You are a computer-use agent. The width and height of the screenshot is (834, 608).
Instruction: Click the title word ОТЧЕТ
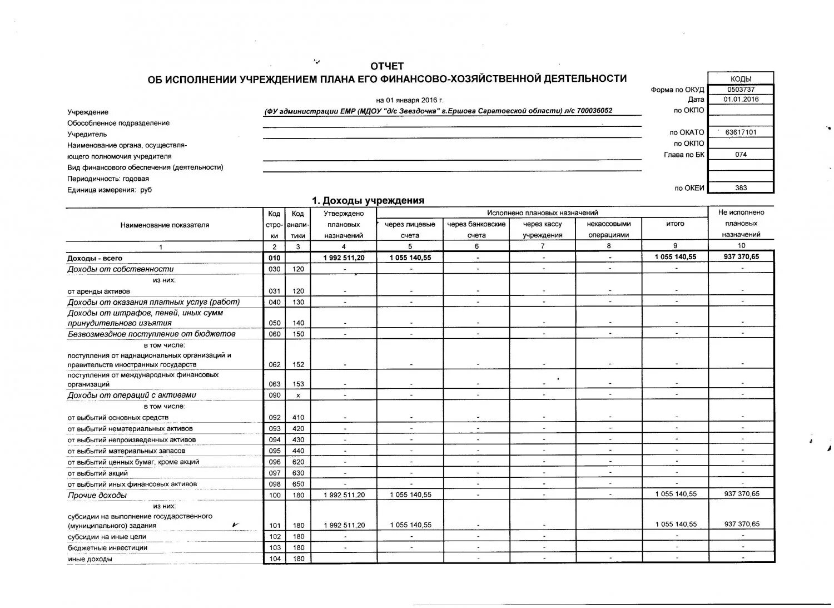(x=387, y=66)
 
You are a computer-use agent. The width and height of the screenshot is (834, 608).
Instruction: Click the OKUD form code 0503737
(x=741, y=90)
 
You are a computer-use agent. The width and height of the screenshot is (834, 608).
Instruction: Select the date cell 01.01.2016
(x=741, y=100)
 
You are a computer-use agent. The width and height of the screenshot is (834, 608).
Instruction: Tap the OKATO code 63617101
(x=741, y=132)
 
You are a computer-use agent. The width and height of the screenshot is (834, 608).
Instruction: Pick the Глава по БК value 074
(x=741, y=155)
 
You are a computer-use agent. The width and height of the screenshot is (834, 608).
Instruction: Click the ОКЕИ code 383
(x=741, y=188)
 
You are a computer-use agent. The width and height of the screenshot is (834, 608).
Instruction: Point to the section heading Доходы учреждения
(x=368, y=201)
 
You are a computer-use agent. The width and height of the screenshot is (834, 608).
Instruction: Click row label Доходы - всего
(x=95, y=258)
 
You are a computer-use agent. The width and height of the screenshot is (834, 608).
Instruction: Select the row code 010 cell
(x=274, y=258)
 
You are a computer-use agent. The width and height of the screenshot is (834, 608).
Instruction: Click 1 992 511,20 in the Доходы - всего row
(x=344, y=258)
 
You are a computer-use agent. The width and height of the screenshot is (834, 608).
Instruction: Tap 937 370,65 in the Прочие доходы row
(x=742, y=494)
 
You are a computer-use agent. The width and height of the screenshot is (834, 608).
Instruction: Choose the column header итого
(x=675, y=224)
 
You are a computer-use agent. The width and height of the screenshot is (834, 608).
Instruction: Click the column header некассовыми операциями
(x=608, y=229)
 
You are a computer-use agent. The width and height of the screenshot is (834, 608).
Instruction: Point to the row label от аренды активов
(x=98, y=291)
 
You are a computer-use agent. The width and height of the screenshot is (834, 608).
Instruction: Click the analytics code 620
(x=298, y=462)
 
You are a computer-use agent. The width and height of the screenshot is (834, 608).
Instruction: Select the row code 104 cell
(x=274, y=559)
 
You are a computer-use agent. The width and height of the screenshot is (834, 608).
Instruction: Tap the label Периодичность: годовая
(x=108, y=179)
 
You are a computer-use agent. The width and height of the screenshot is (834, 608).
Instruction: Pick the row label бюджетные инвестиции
(x=107, y=548)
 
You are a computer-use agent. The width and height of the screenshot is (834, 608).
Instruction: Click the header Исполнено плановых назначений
(x=542, y=213)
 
